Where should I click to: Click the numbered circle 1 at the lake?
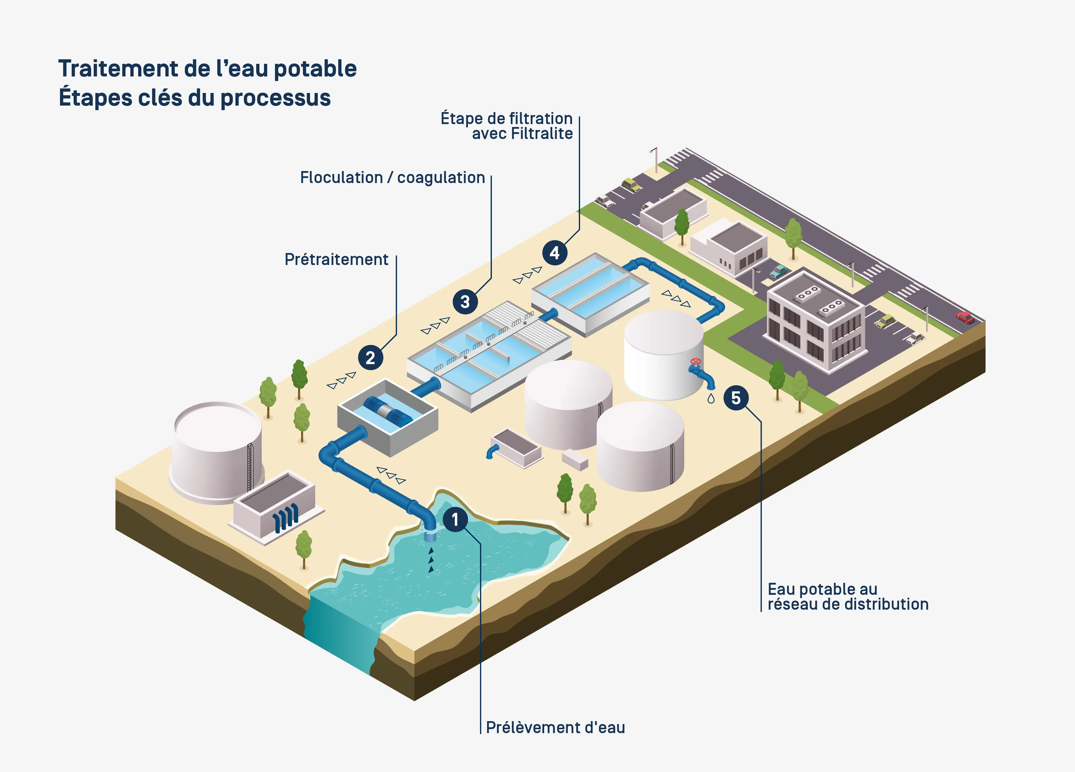pos(455,520)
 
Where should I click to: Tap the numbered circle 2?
pos(370,358)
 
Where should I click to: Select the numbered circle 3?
pos(465,302)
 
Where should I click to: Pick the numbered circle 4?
pos(555,253)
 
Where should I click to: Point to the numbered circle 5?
pos(735,398)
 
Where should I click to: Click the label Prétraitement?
pos(336,259)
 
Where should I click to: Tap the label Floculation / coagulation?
pos(392,178)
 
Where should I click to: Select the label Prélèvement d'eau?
pos(555,728)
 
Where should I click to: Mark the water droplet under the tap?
pos(711,399)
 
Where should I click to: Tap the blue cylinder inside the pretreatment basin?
pos(388,410)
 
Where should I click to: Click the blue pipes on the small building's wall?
pos(286,518)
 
